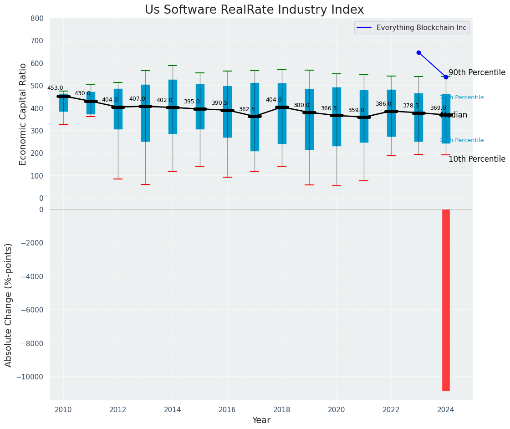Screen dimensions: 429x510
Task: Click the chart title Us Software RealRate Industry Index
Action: (x=254, y=10)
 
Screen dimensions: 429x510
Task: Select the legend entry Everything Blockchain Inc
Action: (x=421, y=28)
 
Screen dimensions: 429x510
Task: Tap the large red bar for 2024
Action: (x=446, y=300)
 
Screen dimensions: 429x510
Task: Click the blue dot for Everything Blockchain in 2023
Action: (x=418, y=52)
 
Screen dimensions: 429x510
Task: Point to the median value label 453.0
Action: (x=55, y=88)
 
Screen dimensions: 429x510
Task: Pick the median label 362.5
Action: (x=247, y=109)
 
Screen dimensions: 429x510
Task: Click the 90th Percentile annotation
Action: (x=477, y=73)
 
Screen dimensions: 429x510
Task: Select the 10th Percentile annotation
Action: (x=477, y=159)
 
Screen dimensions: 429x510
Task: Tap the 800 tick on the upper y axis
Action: (x=37, y=18)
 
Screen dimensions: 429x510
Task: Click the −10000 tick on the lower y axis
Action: (x=30, y=377)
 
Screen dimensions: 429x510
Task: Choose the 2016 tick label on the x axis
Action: (x=227, y=409)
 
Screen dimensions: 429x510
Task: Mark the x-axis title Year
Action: (x=261, y=420)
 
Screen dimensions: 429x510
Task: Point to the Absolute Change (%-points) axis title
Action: (x=9, y=305)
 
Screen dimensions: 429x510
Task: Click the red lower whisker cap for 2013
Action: (x=145, y=184)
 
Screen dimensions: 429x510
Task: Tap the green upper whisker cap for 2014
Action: (x=173, y=66)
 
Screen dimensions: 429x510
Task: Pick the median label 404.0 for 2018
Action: (x=274, y=100)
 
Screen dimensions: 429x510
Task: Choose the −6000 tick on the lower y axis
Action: (x=31, y=310)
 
